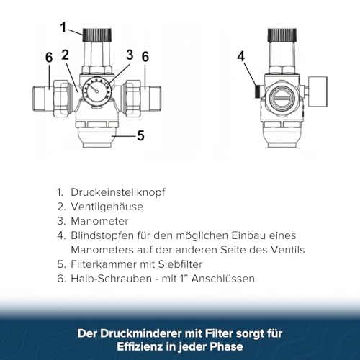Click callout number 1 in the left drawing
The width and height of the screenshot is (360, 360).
click(x=63, y=29)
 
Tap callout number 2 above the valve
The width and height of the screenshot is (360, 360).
click(x=65, y=55)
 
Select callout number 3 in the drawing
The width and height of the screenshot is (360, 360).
click(x=130, y=54)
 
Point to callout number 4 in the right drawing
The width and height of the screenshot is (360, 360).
click(x=241, y=55)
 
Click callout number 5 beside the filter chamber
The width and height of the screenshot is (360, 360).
click(x=140, y=134)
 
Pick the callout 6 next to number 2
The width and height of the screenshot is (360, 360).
click(x=48, y=57)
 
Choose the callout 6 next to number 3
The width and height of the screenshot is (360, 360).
click(x=145, y=56)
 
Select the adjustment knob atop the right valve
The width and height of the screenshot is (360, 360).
click(x=282, y=35)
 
